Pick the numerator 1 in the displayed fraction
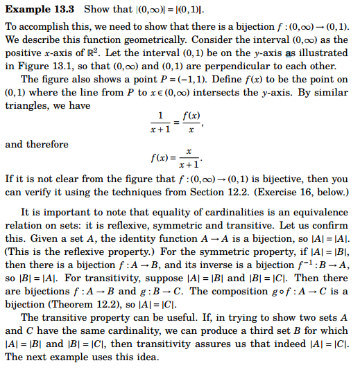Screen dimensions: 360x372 click(x=161, y=115)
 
